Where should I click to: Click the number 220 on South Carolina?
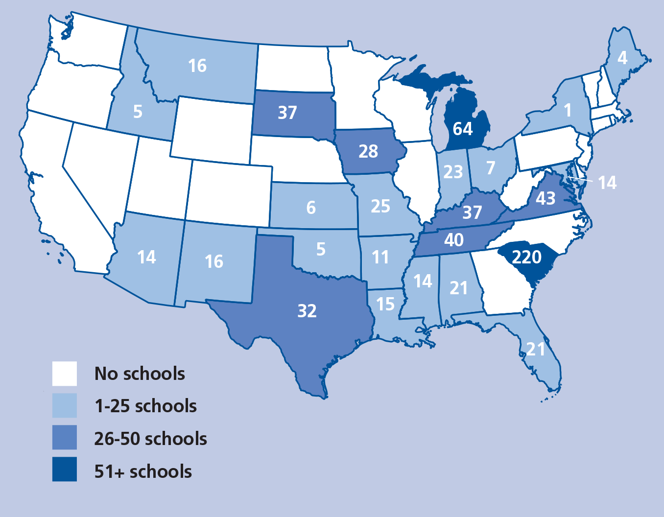coord(526,257)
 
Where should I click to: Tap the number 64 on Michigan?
coord(462,129)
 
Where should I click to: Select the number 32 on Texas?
coord(307,311)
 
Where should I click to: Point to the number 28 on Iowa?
coord(368,151)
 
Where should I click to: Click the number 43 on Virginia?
coord(545,198)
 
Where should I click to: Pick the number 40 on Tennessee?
coord(453,240)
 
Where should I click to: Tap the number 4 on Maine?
coord(622,58)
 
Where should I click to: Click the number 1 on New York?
coord(568,110)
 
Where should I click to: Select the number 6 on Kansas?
coord(311,208)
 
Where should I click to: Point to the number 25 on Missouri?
coord(380,206)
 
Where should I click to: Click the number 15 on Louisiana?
coord(385,304)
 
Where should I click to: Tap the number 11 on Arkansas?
coord(380,257)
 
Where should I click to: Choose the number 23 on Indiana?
coord(453,172)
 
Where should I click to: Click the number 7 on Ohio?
coord(491,168)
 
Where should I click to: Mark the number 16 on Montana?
coord(197,66)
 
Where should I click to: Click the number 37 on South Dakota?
coord(287,113)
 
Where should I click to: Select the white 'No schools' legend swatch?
coord(65,374)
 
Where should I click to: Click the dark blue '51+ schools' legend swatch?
coord(65,470)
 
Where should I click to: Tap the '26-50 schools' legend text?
coord(150,439)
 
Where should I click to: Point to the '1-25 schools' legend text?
coord(145,406)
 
